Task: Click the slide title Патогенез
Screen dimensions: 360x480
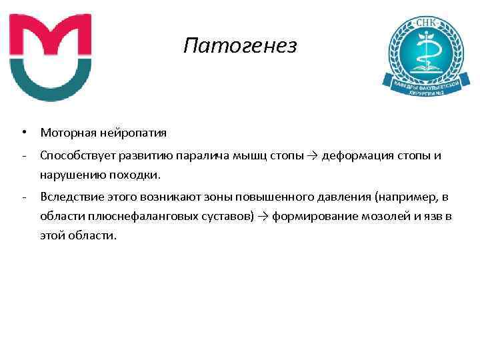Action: (241, 46)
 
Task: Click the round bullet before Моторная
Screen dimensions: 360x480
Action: (23, 133)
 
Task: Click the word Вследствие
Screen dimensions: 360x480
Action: (68, 197)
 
